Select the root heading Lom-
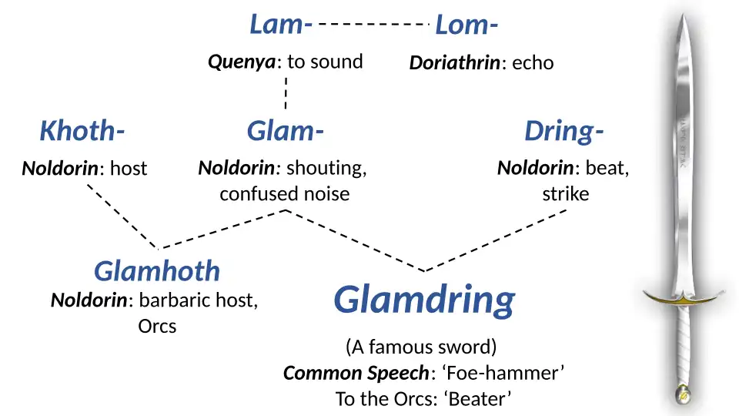point(466,26)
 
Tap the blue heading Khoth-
point(82,132)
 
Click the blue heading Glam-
point(284,132)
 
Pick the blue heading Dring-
point(563,132)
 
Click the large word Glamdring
point(424,299)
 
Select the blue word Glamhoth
point(157,270)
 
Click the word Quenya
point(242,62)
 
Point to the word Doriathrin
point(454,63)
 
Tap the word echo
point(533,63)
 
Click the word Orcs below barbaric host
point(157,326)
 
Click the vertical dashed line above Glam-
point(286,92)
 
